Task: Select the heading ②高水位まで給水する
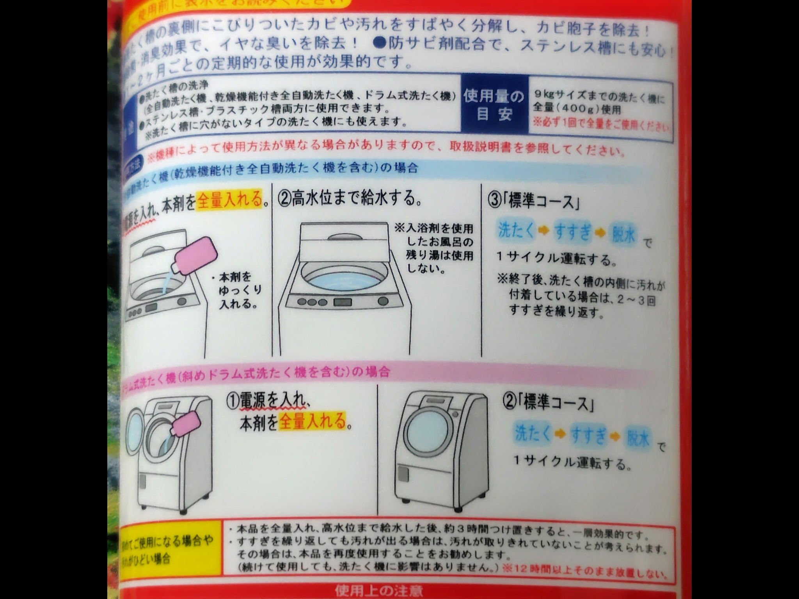point(350,198)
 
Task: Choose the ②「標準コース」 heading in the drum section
point(549,404)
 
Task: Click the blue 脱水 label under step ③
point(624,233)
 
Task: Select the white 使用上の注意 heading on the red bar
point(378,591)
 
